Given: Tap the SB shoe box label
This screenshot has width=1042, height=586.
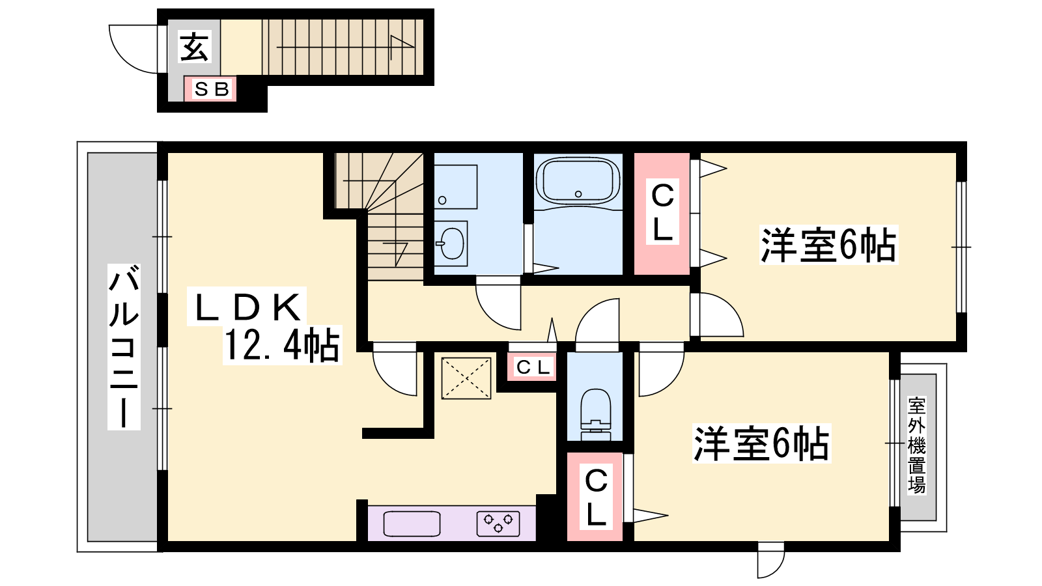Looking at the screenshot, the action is (x=212, y=89).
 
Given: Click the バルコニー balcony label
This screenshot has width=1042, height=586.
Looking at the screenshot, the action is (x=124, y=346).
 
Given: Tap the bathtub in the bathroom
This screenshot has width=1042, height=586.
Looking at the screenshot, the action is (x=578, y=180).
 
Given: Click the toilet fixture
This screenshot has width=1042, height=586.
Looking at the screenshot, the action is (x=596, y=414).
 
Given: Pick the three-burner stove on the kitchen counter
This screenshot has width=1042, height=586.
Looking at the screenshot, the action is (x=498, y=523).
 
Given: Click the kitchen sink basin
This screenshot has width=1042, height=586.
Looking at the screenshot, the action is (x=412, y=523).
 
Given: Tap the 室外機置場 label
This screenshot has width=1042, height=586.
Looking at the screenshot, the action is (x=917, y=445).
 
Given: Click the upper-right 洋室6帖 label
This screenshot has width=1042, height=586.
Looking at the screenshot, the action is (x=828, y=245).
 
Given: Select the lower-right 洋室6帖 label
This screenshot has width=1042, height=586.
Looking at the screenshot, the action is (x=761, y=443).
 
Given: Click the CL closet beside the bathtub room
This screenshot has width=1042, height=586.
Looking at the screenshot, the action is (x=662, y=214).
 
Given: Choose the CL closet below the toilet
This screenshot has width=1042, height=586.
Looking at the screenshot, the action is (x=595, y=497).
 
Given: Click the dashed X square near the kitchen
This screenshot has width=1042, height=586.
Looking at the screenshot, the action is (x=466, y=378).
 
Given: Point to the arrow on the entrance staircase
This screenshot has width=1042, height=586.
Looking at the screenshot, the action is (x=345, y=47).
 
